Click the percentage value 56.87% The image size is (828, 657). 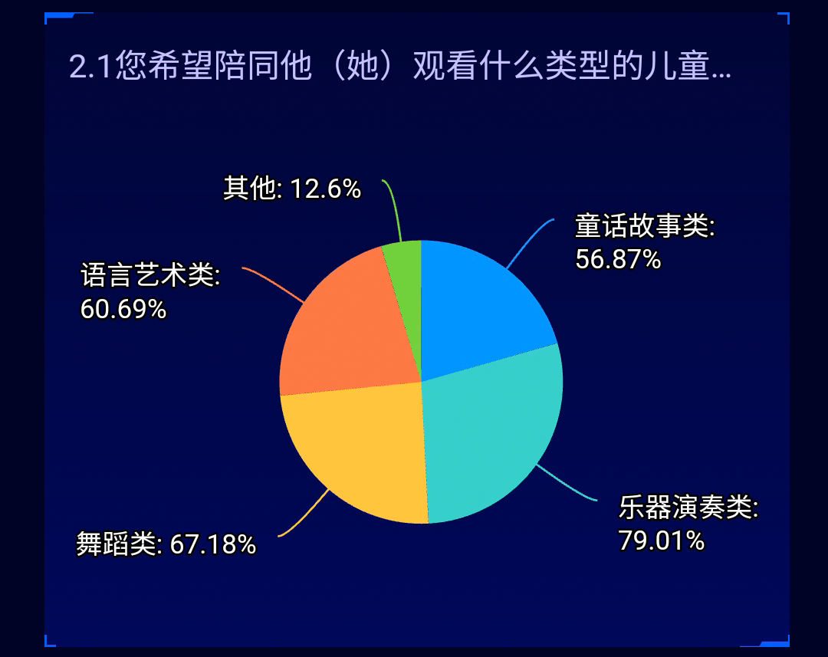tap(618, 259)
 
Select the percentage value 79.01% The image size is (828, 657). tap(661, 540)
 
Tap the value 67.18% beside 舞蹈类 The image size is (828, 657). tap(213, 544)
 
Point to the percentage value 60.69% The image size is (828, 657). tap(123, 309)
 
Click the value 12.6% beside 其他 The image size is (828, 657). tap(325, 189)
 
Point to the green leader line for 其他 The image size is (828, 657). tap(393, 209)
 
